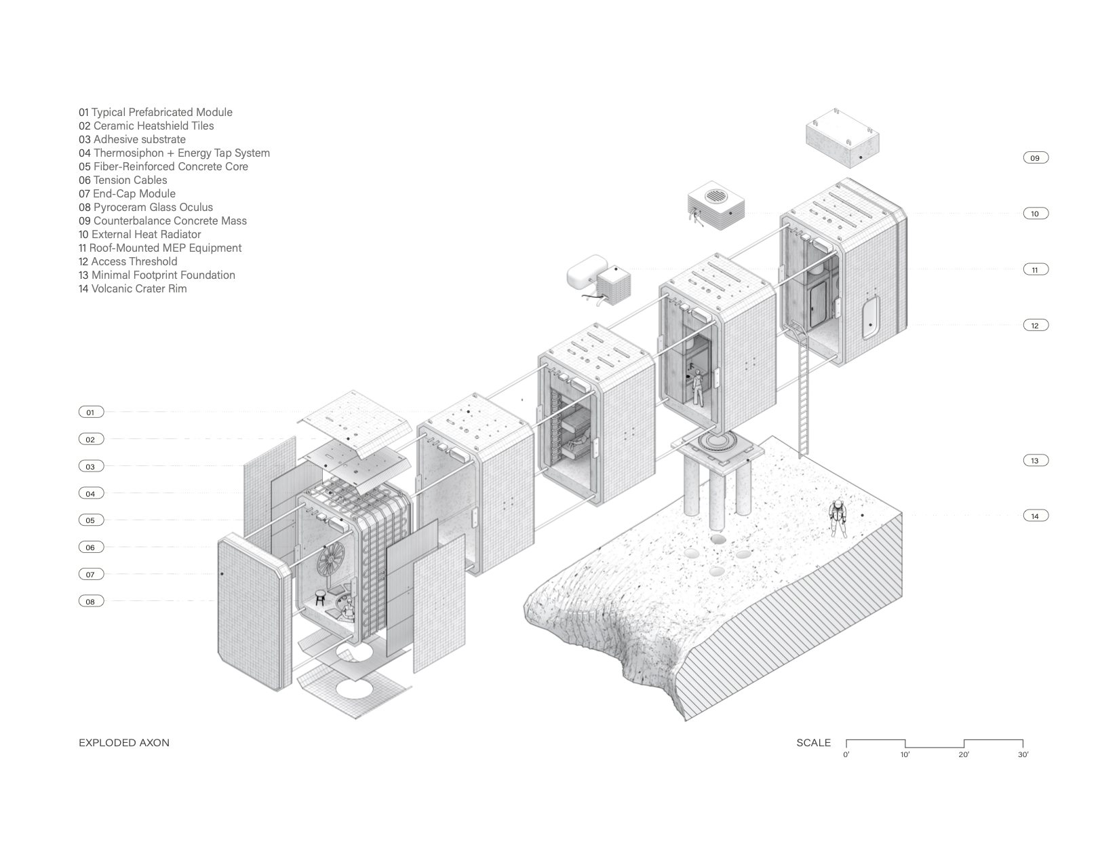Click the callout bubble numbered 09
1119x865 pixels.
1035,158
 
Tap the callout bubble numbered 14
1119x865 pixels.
1035,516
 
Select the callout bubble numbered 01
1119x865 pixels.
90,412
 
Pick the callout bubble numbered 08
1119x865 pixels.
90,602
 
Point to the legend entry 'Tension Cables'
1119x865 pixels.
123,180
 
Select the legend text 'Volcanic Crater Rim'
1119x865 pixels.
133,289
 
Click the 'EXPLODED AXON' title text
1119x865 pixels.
124,743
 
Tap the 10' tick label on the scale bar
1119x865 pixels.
905,755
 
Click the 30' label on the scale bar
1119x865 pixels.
1023,755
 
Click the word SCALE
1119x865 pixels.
813,743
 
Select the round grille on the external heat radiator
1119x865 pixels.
717,197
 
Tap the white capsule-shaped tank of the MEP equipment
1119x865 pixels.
589,277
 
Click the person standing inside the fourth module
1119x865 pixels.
697,390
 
